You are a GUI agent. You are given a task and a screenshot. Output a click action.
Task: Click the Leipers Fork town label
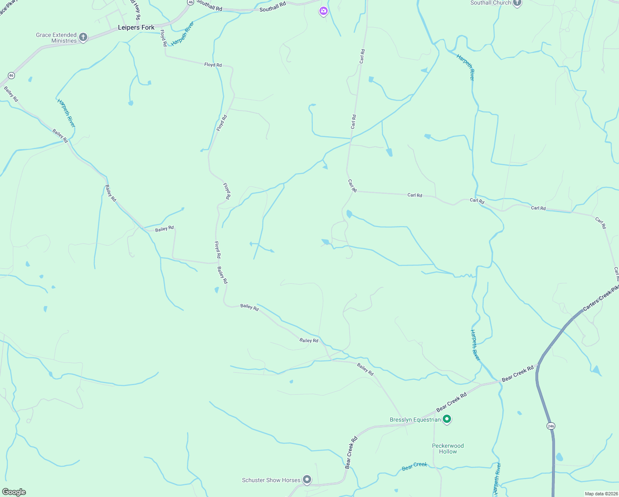(136, 28)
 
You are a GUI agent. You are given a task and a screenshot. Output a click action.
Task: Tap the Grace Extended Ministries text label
(56, 38)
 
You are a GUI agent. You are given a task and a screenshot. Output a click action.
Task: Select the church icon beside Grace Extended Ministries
(83, 37)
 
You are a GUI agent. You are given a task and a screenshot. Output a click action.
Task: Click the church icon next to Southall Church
(517, 3)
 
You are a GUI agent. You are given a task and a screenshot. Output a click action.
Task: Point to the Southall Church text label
(491, 3)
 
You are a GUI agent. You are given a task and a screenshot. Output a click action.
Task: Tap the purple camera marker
(323, 11)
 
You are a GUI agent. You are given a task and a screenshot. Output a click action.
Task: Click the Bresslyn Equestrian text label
(415, 420)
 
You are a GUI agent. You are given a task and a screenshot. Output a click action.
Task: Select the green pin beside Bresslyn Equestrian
(446, 419)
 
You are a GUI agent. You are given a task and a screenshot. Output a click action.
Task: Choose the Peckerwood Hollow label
(448, 449)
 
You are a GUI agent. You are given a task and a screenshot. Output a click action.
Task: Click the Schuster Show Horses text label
(271, 480)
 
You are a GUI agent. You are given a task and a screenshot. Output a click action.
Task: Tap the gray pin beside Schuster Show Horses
(307, 480)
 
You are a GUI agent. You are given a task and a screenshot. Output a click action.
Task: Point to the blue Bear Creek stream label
(414, 466)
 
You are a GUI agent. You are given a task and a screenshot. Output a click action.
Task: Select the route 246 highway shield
(550, 426)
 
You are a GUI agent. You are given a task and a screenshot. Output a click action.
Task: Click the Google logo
(14, 492)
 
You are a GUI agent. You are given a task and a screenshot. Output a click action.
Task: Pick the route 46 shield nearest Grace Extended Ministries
(11, 75)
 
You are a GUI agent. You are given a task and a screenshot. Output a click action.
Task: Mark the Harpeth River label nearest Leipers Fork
(182, 34)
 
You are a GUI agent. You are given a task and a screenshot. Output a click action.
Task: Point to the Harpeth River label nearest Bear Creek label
(497, 478)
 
